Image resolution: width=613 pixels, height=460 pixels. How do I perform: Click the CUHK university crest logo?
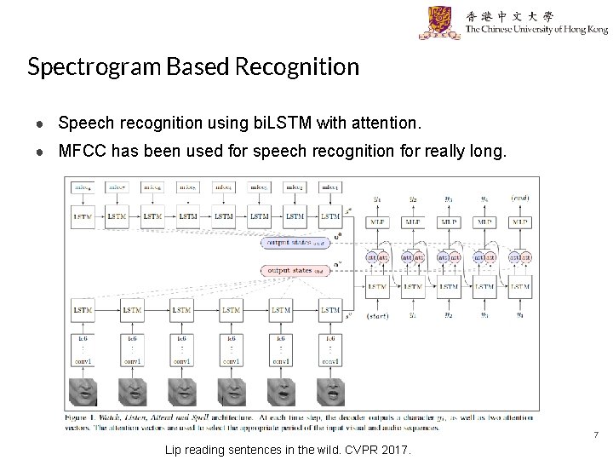(439, 22)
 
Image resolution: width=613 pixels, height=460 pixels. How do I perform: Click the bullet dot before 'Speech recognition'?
(41, 124)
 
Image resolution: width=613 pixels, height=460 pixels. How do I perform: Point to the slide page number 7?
(596, 435)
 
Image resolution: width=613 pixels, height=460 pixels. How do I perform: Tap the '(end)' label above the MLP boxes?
(520, 199)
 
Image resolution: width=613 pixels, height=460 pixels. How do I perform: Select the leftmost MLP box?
(376, 221)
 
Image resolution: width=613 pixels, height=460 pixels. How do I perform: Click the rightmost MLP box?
(519, 221)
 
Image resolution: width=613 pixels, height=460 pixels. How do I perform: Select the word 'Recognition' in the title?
(303, 66)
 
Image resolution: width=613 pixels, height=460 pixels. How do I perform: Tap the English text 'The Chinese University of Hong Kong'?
(536, 29)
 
